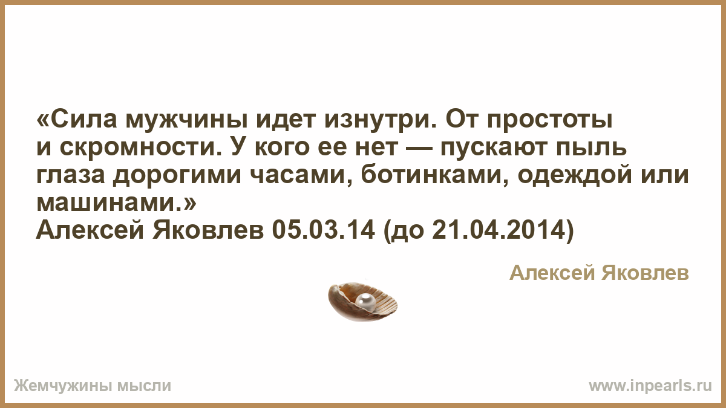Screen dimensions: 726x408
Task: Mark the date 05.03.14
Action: (x=323, y=230)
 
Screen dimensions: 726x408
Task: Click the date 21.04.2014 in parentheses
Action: (x=499, y=230)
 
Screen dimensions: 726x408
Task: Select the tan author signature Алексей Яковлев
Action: (x=600, y=273)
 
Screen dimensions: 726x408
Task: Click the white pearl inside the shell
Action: (x=365, y=300)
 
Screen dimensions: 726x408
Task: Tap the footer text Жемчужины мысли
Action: (x=93, y=386)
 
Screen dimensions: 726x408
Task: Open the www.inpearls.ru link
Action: (x=650, y=386)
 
